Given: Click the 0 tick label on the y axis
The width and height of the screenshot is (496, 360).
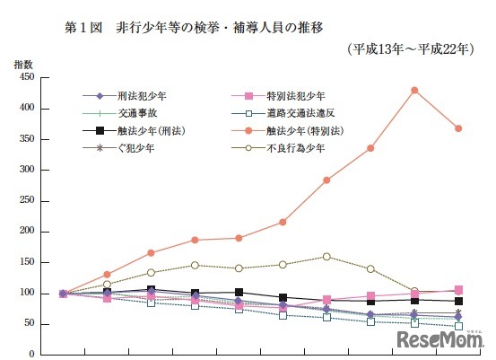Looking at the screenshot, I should [x=31, y=354].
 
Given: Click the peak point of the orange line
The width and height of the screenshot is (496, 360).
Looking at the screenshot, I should [x=414, y=90].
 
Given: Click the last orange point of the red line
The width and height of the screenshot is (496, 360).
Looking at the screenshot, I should [x=458, y=128].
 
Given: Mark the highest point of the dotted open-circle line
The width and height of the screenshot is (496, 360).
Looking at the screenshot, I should [x=326, y=257].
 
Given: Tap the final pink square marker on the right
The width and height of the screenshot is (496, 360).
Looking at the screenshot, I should [x=458, y=290].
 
